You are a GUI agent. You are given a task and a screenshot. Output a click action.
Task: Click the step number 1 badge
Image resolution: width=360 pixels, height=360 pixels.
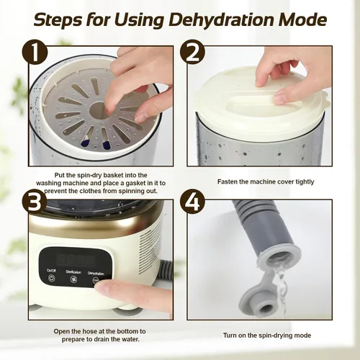[x=35, y=53]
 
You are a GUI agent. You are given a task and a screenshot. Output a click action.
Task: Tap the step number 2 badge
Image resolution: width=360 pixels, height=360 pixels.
[x=192, y=53]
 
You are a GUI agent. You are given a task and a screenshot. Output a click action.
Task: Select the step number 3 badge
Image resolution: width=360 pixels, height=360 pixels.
[x=35, y=203]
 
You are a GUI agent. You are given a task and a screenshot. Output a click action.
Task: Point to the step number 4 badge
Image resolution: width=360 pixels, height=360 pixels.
[x=192, y=203]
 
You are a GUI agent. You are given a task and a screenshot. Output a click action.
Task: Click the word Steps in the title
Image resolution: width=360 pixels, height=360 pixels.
[x=58, y=20]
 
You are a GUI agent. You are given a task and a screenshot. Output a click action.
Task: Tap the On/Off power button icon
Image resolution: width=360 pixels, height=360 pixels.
[x=52, y=279]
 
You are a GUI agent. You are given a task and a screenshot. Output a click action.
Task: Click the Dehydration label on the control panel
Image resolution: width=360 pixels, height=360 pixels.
[x=96, y=274]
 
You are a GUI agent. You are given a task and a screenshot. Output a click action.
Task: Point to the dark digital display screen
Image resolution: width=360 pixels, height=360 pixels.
[x=76, y=259]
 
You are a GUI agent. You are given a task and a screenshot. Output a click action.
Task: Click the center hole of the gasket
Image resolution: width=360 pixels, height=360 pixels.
[x=98, y=110]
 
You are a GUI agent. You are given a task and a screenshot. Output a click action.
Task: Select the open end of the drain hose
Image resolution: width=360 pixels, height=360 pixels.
[x=280, y=258]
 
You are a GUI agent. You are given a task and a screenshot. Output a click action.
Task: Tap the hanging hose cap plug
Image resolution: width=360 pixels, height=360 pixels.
[x=258, y=298]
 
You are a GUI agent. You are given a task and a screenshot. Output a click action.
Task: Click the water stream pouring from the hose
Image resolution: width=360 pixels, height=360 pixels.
[x=279, y=288]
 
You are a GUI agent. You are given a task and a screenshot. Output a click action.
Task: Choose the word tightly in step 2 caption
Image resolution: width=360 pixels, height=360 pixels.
[x=305, y=182]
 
